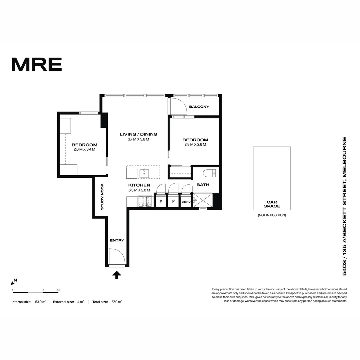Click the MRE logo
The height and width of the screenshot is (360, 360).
coord(37,64)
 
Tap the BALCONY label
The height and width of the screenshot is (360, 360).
coord(199,107)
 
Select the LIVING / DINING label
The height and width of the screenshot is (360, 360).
coord(138,134)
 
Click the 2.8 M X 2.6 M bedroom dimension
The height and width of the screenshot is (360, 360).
coord(195,145)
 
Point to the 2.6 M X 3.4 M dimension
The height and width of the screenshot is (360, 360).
coord(84,149)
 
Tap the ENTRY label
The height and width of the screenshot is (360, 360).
coord(117,240)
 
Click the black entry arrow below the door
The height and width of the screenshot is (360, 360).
coord(117,275)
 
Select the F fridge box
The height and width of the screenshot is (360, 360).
coord(161,202)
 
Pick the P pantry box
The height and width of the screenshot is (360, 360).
coord(173,202)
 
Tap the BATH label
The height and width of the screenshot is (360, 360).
coord(203,185)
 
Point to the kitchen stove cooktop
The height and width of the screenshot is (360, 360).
coord(145,201)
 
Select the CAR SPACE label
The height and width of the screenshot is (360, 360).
coord(272,204)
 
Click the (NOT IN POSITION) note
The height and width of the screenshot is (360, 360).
coord(272,215)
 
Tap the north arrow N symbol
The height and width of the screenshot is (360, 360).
coord(14,282)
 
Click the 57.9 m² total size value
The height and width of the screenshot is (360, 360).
coord(117,302)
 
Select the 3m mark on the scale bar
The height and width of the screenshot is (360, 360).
coord(58,290)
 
